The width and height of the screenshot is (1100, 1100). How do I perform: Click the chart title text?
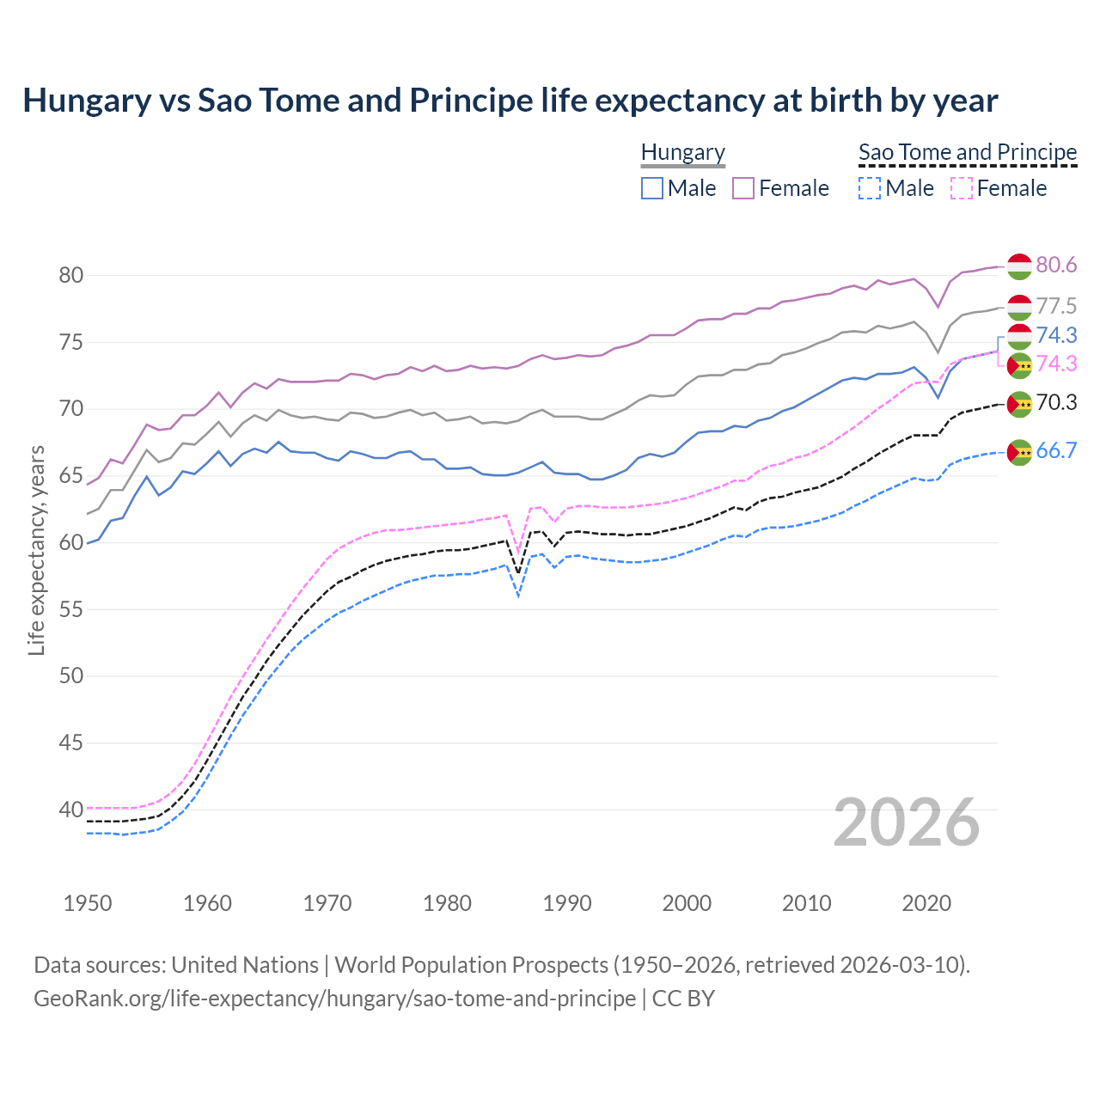(510, 101)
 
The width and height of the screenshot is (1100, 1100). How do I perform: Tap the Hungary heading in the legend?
(683, 152)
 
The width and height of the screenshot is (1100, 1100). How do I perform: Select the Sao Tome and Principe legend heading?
(968, 152)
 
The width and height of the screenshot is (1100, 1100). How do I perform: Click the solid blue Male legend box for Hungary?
(652, 188)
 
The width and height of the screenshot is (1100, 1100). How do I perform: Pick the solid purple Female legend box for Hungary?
(743, 188)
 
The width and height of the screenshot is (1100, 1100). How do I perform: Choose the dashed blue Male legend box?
(870, 188)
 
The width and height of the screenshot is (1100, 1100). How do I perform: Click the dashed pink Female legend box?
(962, 188)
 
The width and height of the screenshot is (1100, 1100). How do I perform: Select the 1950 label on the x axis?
(88, 903)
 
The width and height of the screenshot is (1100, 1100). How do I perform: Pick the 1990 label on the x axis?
(567, 903)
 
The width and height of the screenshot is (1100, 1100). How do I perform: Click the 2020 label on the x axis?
(926, 903)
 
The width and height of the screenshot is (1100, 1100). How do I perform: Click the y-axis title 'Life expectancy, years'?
(36, 550)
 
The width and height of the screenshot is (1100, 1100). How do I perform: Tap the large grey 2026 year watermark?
(907, 822)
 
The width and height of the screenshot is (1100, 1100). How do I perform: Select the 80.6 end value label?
(1056, 265)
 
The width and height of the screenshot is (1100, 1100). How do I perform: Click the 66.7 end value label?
(1056, 450)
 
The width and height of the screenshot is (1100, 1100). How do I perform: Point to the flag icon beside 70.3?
(1019, 404)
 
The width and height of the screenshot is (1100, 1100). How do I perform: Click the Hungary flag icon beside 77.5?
(1019, 307)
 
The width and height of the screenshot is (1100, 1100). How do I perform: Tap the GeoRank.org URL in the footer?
(334, 999)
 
